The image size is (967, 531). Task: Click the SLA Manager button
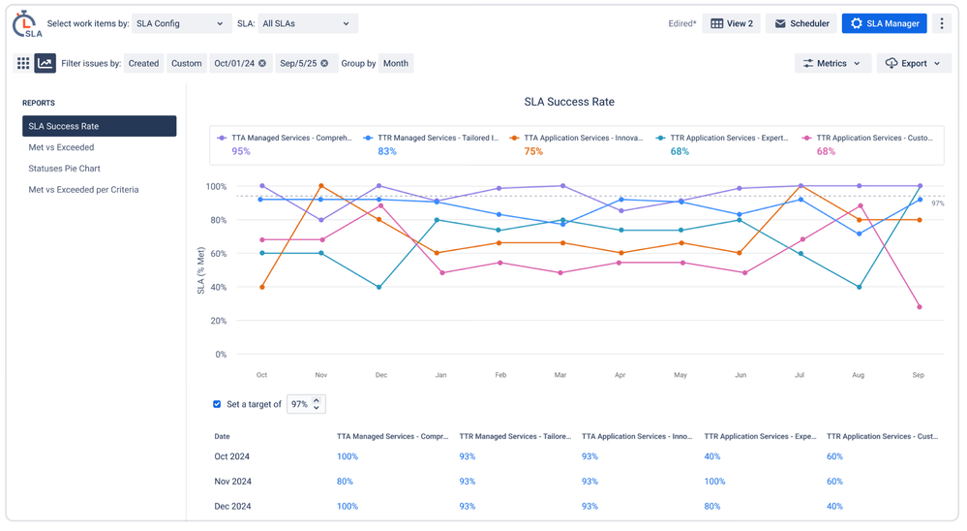[x=884, y=23]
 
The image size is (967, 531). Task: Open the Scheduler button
[x=801, y=23]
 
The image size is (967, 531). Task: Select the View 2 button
[x=731, y=23]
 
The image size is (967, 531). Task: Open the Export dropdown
[x=913, y=64]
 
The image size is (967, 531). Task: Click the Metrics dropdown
[x=831, y=64]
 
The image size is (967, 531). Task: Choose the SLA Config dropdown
[x=180, y=23]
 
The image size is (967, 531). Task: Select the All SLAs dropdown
[x=307, y=23]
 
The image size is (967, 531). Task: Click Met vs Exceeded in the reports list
[x=61, y=147]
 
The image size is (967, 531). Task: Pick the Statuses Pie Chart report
[x=64, y=169]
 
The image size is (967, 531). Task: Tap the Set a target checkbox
[x=217, y=404]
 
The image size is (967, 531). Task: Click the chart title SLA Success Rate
[x=569, y=102]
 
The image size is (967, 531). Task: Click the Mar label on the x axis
[x=560, y=375]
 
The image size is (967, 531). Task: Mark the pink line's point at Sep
[x=920, y=307]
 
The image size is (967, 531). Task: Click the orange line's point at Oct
[x=262, y=287]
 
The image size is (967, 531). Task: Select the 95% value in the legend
[x=241, y=152]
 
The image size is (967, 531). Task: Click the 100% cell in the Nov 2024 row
[x=714, y=482]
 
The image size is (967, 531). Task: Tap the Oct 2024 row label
[x=232, y=456]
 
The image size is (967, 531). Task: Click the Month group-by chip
[x=395, y=64]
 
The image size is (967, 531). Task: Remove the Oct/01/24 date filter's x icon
[x=262, y=64]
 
